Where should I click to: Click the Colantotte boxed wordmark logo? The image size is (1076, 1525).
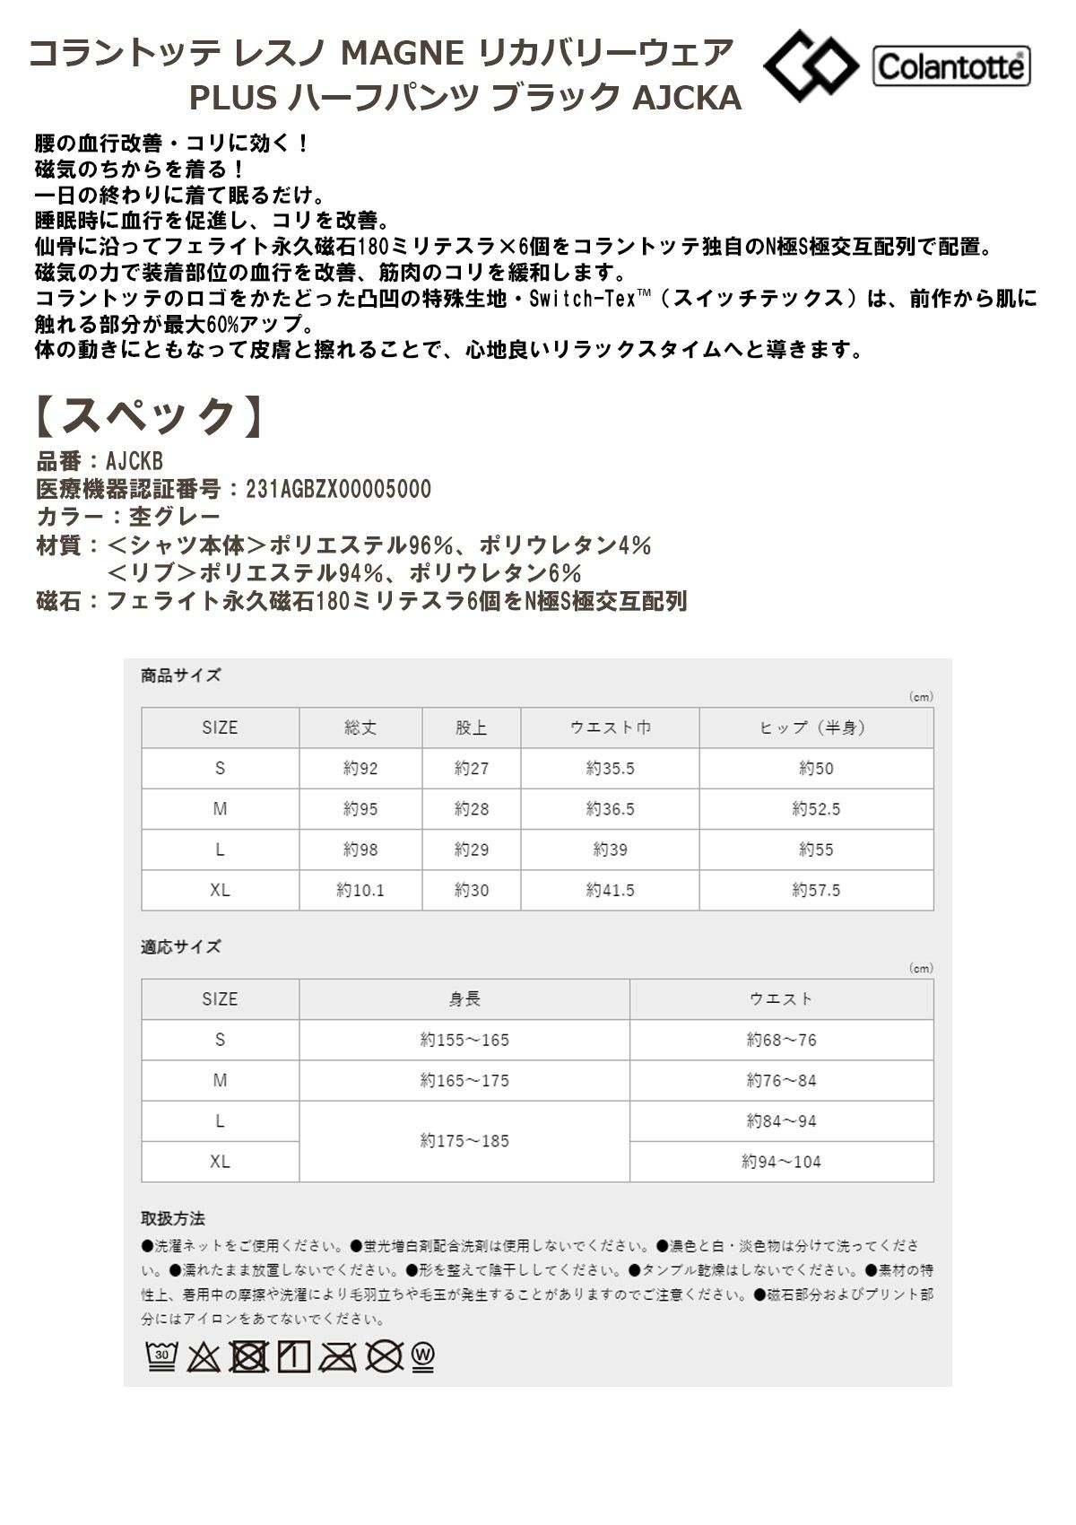951,66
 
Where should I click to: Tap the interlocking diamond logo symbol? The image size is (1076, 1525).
810,65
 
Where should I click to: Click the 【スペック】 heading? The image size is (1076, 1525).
151,416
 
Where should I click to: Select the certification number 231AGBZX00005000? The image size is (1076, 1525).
338,489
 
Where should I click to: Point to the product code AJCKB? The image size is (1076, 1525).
134,461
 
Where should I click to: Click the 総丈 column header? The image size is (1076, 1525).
360,728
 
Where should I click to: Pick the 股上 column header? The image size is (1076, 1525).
471,728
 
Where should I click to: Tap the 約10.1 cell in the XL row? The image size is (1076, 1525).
360,890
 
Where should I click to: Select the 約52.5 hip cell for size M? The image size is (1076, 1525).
816,809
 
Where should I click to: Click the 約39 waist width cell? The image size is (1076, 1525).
610,850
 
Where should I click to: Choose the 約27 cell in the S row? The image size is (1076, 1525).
471,769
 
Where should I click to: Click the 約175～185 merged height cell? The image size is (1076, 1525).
464,1141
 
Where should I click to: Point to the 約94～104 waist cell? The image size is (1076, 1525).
781,1162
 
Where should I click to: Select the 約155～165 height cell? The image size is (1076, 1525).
464,1040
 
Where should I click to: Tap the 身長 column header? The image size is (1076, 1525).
464,998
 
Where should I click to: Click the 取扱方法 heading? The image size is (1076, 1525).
173,1218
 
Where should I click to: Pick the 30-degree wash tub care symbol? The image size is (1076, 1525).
161,1357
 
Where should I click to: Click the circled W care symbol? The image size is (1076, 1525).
423,1357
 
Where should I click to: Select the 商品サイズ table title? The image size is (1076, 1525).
180,675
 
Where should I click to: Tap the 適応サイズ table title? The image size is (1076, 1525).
180,946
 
